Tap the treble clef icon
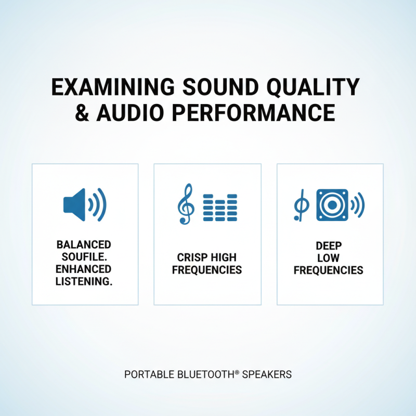(x=185, y=204)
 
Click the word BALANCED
(x=84, y=245)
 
